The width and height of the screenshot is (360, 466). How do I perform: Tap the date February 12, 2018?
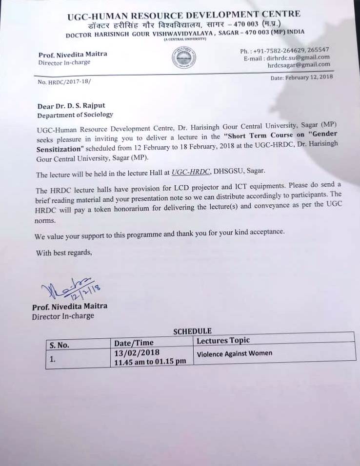(x=302, y=78)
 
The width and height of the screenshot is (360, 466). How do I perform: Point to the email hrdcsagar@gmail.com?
(x=299, y=64)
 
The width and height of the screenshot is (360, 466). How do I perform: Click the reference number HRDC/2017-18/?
(x=64, y=82)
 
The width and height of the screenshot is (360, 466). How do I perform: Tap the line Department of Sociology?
(x=75, y=115)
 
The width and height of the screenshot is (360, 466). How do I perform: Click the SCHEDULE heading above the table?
(x=192, y=331)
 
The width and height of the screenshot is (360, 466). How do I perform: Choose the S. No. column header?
(x=59, y=345)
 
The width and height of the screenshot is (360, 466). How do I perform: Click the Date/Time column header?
(x=134, y=343)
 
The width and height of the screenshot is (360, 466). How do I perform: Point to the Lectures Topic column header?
(x=223, y=340)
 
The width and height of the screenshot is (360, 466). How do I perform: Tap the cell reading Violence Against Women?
(x=234, y=353)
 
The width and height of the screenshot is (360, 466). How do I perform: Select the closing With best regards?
(x=63, y=252)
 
